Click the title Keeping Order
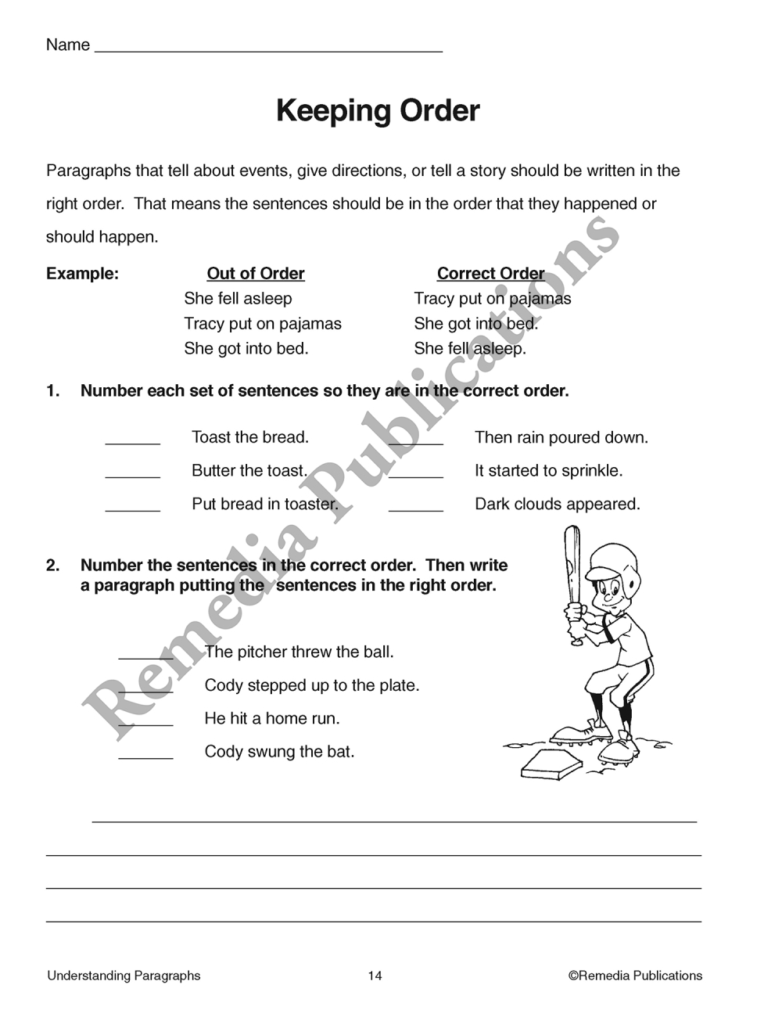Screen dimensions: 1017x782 (x=378, y=111)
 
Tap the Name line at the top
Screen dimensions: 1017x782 (x=267, y=47)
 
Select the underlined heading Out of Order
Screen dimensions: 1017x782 (x=256, y=274)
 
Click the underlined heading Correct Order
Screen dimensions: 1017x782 (x=490, y=274)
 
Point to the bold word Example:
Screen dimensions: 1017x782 (x=82, y=274)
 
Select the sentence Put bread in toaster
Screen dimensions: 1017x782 (x=265, y=505)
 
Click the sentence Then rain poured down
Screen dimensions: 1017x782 (x=561, y=437)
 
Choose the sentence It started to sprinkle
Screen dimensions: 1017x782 (x=548, y=471)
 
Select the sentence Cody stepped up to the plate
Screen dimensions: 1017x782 (x=312, y=685)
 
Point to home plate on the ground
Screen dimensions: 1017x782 (x=551, y=764)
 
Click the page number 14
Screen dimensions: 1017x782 (x=375, y=976)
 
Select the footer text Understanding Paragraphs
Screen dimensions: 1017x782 (x=124, y=976)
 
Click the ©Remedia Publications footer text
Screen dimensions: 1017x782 (x=635, y=976)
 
